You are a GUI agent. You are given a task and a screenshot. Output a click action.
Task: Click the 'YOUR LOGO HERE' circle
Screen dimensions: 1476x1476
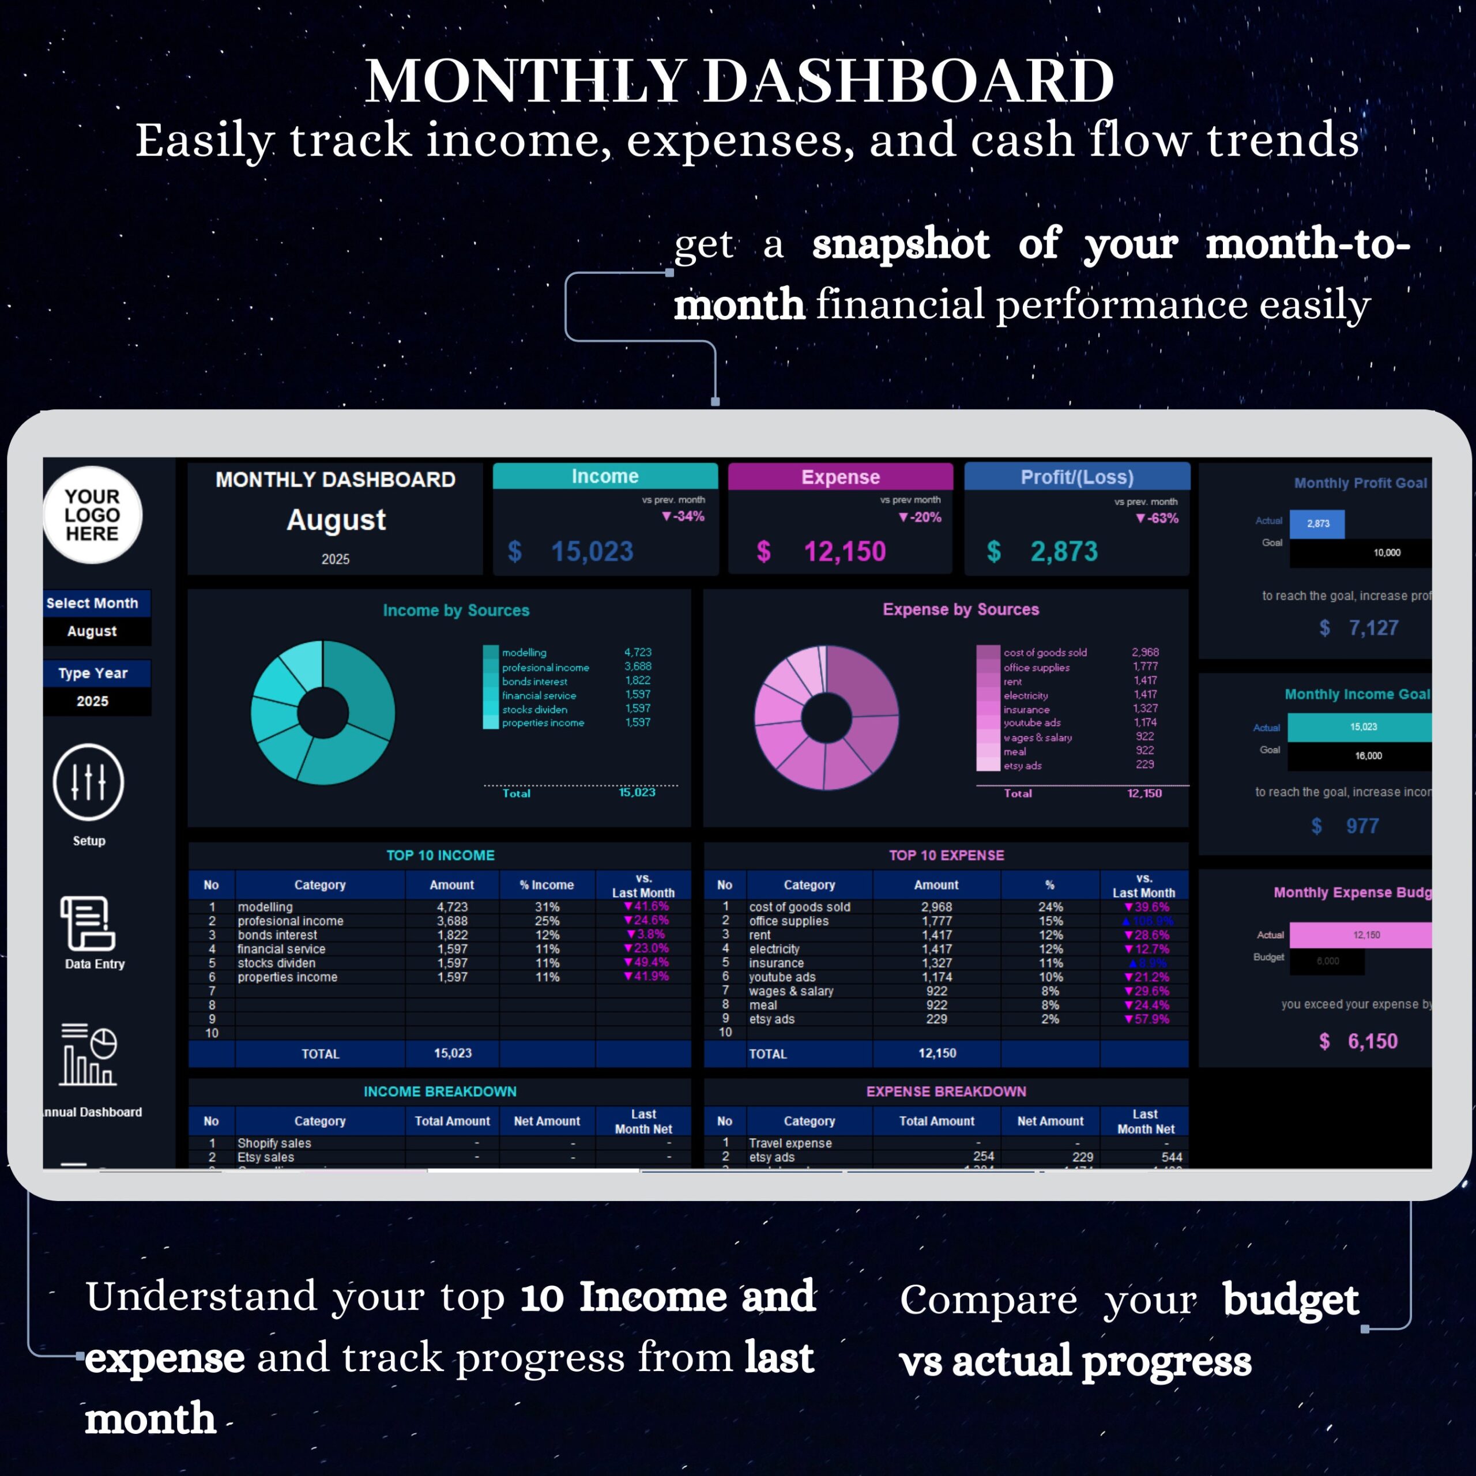pos(92,515)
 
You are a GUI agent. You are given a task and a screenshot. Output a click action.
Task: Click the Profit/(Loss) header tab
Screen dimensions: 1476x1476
pos(1076,477)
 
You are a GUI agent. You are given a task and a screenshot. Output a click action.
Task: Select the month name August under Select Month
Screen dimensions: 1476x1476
pos(92,631)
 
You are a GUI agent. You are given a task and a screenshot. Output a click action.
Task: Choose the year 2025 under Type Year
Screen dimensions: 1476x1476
pos(92,701)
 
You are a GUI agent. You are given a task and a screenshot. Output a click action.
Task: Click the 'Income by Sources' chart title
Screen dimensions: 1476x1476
pos(456,611)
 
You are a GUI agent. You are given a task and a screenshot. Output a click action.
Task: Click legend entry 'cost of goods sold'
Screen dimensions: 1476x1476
pos(1044,653)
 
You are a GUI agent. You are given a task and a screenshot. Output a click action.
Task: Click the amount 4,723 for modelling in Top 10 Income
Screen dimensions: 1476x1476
pos(452,907)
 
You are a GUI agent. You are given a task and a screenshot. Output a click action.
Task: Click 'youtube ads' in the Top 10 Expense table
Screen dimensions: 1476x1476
pos(782,977)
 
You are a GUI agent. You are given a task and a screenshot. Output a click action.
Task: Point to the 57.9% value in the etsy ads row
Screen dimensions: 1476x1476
pos(1147,1019)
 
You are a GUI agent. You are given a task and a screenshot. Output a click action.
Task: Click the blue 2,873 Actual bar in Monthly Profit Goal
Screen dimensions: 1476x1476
pos(1317,524)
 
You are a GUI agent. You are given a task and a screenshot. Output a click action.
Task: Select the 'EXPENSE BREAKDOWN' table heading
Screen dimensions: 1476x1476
pos(946,1091)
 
